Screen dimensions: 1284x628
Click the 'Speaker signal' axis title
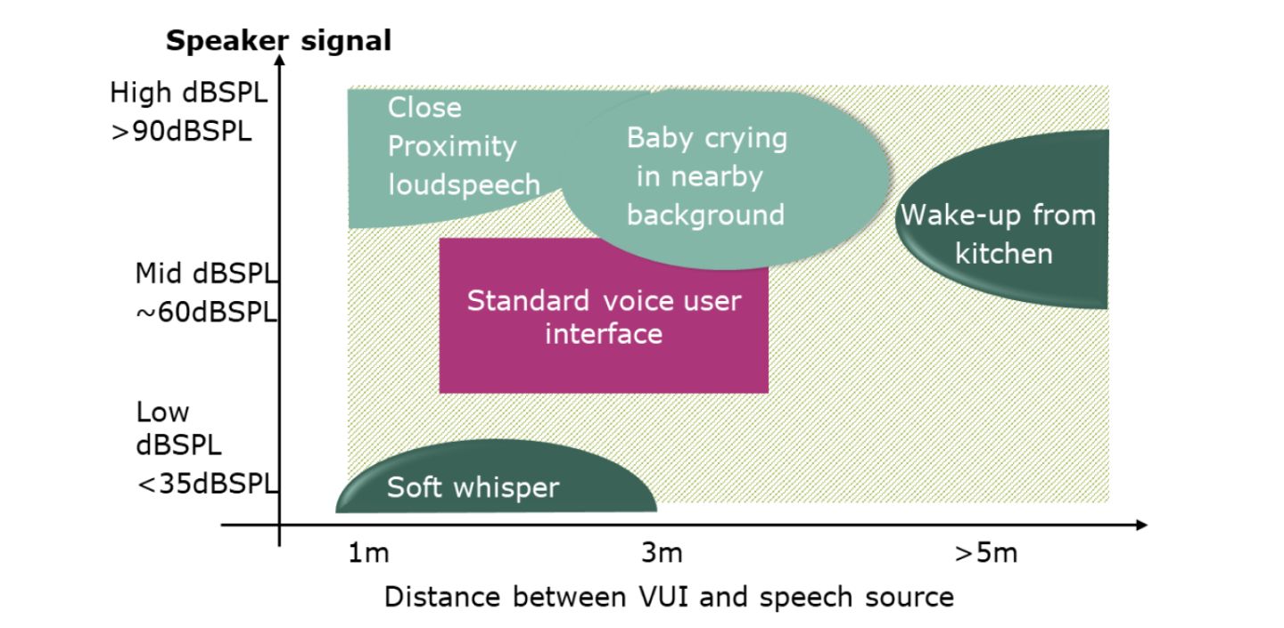click(x=278, y=41)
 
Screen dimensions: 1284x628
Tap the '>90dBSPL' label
click(x=181, y=132)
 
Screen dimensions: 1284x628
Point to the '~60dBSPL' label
click(x=206, y=313)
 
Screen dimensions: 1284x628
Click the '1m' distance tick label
click(x=368, y=553)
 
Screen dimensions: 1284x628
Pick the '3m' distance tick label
click(x=662, y=553)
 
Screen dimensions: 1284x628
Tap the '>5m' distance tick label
click(x=986, y=553)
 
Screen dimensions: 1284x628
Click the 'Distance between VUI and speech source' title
click(x=669, y=597)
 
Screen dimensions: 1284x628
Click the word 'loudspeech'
click(x=465, y=185)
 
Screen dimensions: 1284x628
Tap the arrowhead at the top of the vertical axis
click(x=280, y=59)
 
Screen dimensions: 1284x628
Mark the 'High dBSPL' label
click(x=189, y=92)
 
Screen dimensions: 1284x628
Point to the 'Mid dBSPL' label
click(x=206, y=273)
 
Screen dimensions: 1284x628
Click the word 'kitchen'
click(x=1004, y=254)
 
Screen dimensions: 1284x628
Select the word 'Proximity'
click(x=452, y=147)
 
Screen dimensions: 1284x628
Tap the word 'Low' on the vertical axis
click(x=162, y=412)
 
